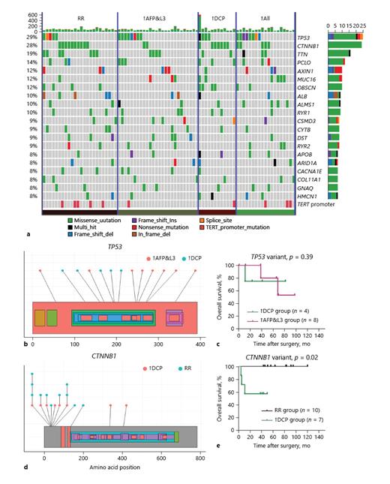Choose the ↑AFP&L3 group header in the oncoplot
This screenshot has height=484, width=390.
pos(155,18)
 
